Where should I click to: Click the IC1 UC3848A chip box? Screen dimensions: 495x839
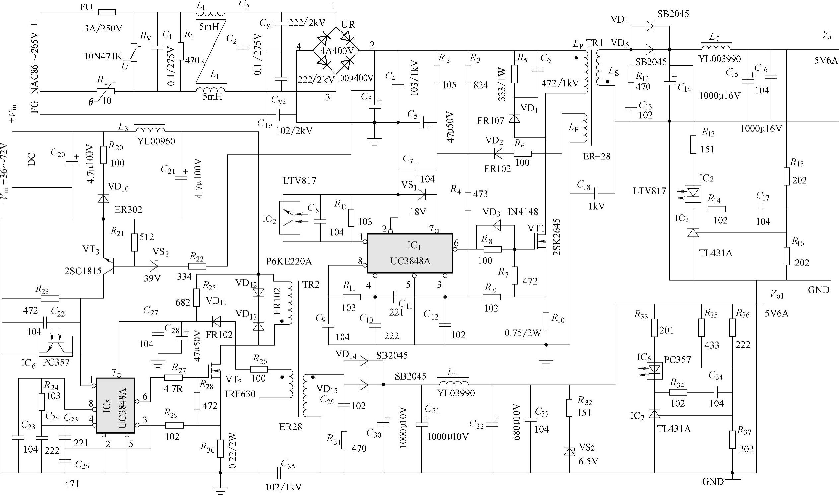pos(410,253)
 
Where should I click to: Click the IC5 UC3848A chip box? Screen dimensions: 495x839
pos(115,405)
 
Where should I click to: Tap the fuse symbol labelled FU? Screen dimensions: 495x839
pos(107,12)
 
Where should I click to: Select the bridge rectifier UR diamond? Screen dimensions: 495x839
pos(336,51)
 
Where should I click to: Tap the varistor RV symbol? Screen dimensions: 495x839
pos(134,53)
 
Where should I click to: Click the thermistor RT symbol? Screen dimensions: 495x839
pos(106,91)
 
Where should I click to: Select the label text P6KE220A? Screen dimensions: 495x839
pos(289,262)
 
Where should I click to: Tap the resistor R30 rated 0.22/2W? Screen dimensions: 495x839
pos(220,448)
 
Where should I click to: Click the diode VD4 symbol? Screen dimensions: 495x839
pos(649,26)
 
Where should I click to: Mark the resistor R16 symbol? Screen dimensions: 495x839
pos(787,256)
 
